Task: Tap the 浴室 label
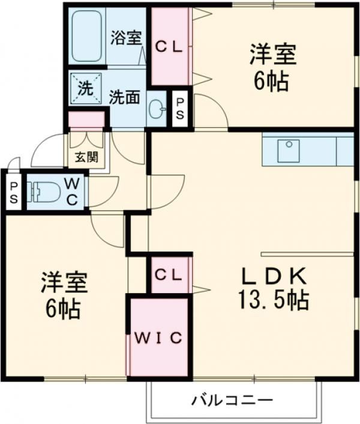[x=126, y=37]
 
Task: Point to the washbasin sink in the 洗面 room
[x=157, y=109]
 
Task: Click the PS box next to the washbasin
[x=180, y=109]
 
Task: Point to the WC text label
[x=71, y=191]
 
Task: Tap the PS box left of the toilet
[x=13, y=192]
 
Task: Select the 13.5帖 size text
[x=274, y=298]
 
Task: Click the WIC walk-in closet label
[x=158, y=338]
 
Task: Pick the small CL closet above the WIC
[x=169, y=274]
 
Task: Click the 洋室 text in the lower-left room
[x=64, y=281]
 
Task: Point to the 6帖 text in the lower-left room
[x=64, y=308]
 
